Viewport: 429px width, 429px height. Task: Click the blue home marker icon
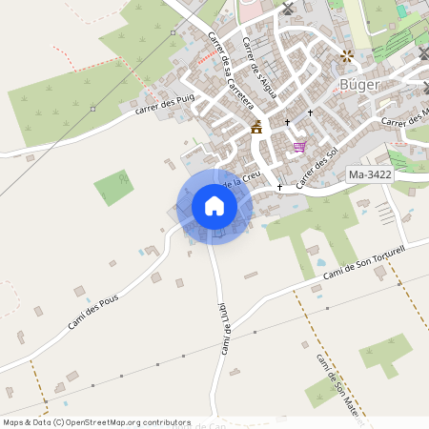[214, 206]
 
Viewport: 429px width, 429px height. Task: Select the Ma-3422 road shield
[370, 175]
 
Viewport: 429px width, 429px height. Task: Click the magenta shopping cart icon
[299, 147]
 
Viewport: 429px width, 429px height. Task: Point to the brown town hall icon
[255, 126]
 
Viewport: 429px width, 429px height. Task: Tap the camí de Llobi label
[227, 328]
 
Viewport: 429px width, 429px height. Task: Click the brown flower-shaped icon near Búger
[346, 56]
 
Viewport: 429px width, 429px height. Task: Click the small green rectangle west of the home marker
[114, 187]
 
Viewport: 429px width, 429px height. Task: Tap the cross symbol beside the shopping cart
[287, 122]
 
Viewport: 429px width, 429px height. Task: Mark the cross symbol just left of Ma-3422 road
[279, 187]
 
